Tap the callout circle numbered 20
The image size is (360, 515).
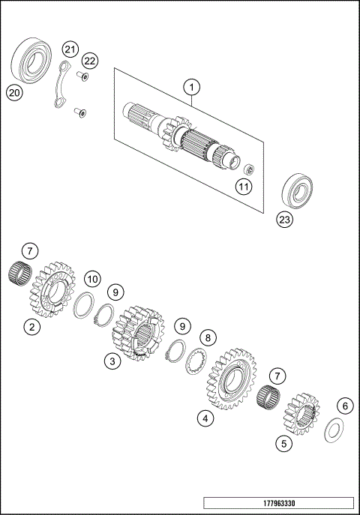tap(13, 93)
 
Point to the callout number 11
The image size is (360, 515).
tap(244, 186)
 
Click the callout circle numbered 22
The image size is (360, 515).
tap(90, 60)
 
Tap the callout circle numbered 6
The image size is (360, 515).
tap(344, 406)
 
